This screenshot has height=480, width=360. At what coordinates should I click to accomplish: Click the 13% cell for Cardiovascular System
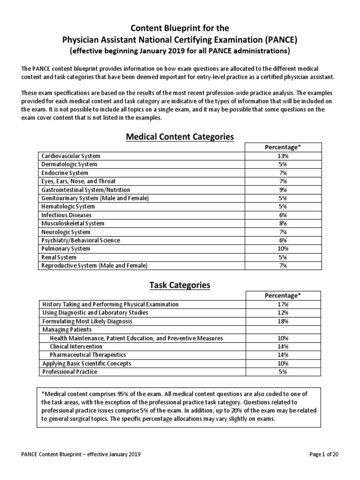(x=283, y=156)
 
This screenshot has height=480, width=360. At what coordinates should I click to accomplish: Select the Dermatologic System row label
(x=69, y=164)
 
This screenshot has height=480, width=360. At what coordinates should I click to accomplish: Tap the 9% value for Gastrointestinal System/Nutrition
(x=283, y=189)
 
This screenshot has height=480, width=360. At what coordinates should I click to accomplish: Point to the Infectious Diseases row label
(x=67, y=215)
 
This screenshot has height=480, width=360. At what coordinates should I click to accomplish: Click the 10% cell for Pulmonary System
(x=283, y=248)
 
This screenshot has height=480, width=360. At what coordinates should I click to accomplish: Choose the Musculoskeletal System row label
(x=73, y=223)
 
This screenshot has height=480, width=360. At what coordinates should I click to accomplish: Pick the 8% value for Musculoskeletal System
(x=283, y=223)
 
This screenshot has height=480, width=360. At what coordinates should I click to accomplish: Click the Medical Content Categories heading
(x=180, y=136)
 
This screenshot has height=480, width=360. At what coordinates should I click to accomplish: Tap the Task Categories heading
(x=180, y=285)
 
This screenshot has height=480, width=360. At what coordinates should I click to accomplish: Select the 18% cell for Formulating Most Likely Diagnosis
(x=283, y=321)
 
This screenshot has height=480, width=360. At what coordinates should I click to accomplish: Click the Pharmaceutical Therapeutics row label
(x=88, y=355)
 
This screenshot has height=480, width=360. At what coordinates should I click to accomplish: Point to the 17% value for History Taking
(x=283, y=304)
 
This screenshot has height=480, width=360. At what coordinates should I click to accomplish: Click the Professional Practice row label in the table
(x=70, y=372)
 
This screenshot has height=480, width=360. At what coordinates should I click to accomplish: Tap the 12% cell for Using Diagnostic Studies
(x=283, y=313)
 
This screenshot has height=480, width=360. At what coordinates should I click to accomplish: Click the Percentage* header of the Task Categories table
(x=283, y=295)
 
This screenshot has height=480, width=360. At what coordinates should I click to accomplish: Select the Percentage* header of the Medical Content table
(x=283, y=147)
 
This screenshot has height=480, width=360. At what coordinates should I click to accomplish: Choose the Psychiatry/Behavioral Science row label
(x=81, y=240)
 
